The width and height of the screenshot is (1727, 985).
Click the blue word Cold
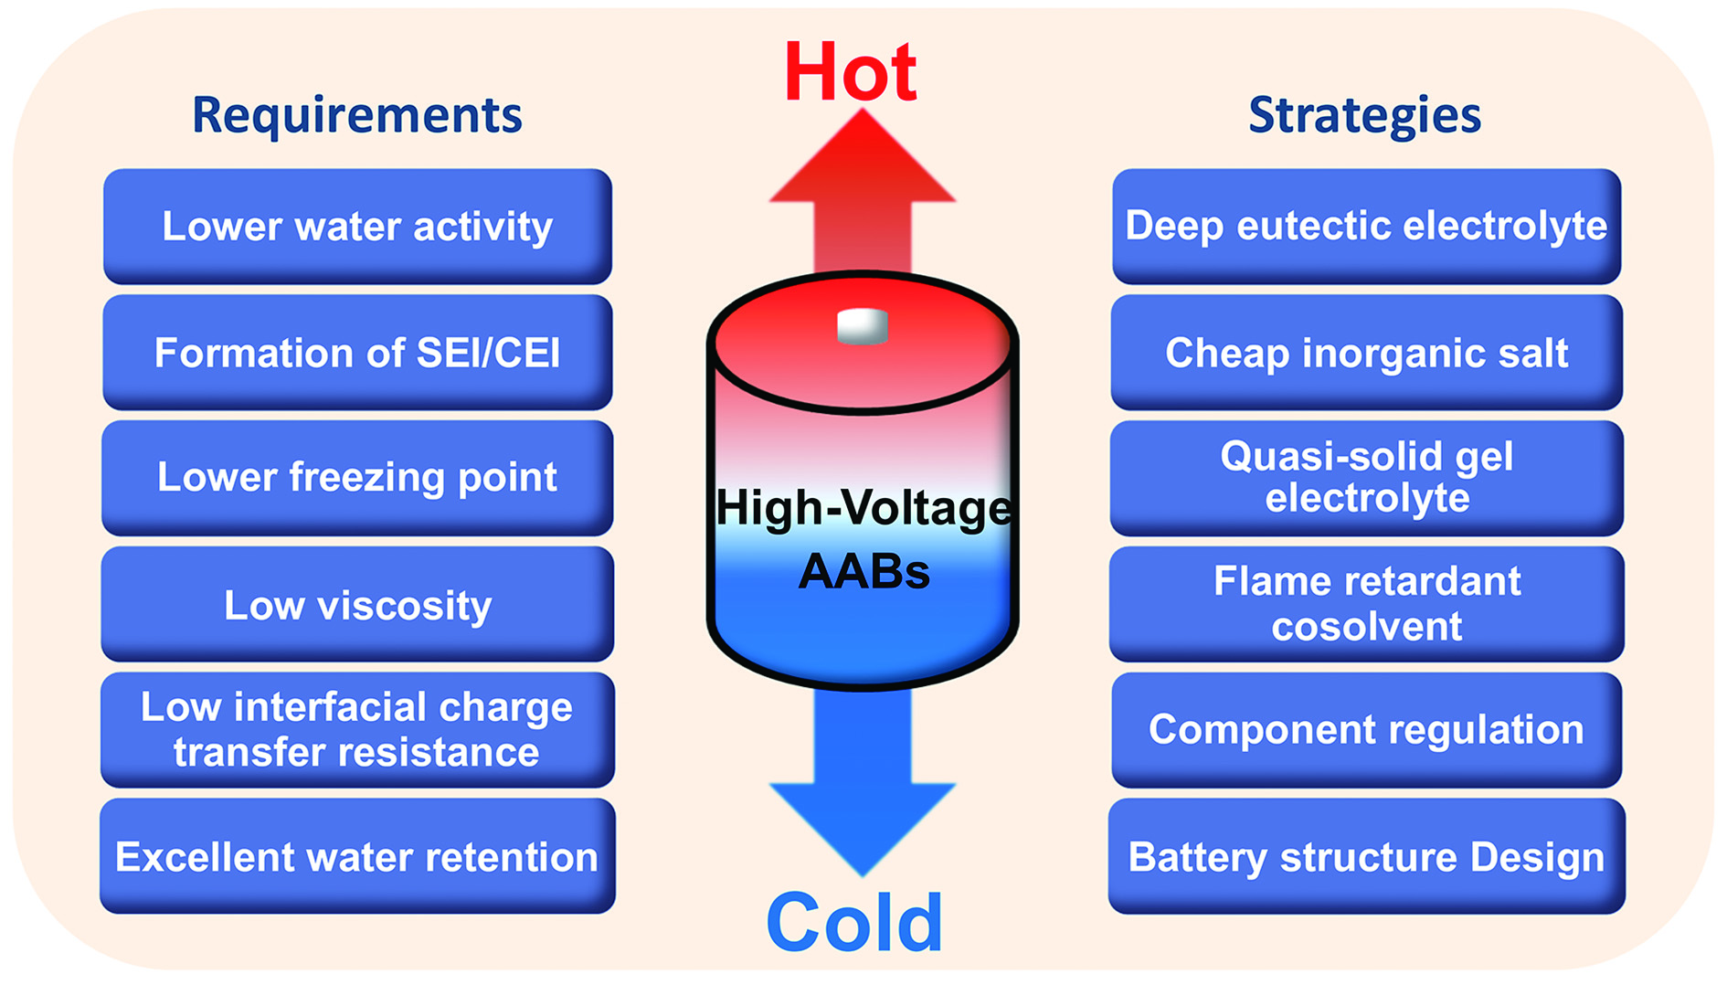click(854, 923)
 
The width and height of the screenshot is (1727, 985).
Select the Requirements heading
click(356, 116)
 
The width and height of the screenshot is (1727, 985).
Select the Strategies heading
click(1364, 116)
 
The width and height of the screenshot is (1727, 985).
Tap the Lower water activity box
click(357, 226)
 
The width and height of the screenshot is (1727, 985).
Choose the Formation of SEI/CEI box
click(357, 352)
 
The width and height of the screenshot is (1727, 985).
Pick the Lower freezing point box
click(357, 478)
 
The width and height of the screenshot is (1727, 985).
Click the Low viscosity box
click(357, 604)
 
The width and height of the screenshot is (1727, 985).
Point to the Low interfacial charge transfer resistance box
click(357, 730)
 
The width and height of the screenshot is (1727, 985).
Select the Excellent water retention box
click(357, 856)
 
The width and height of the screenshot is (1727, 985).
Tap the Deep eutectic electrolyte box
click(1367, 226)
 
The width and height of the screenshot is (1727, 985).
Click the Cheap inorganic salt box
click(1367, 352)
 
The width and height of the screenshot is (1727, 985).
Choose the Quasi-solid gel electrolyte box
click(1367, 478)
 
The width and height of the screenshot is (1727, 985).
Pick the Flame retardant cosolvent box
click(1367, 604)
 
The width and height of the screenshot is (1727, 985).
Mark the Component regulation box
click(1367, 730)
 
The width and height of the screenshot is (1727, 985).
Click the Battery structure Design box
click(1367, 856)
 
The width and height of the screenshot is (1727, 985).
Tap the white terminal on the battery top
click(863, 326)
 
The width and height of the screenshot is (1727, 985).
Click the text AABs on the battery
click(864, 572)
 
